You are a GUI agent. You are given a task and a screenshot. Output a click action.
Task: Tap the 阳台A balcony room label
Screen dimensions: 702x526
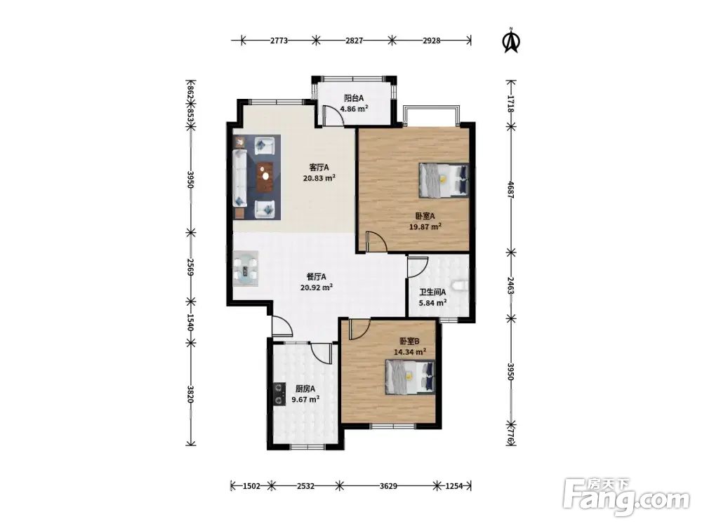tap(354, 98)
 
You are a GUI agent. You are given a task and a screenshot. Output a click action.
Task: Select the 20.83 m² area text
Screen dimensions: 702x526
tap(319, 177)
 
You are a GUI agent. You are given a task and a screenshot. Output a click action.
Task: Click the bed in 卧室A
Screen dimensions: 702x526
tap(444, 180)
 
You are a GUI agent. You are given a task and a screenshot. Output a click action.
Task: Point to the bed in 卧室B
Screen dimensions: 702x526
tap(411, 377)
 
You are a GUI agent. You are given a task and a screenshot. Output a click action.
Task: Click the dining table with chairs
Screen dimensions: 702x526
tap(245, 269)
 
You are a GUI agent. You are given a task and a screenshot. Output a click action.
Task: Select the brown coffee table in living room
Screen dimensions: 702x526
tap(265, 176)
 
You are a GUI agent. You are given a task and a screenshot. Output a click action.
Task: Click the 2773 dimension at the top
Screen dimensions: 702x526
tap(279, 41)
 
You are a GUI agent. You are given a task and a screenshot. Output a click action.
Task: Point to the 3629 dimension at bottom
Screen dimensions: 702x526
tap(388, 486)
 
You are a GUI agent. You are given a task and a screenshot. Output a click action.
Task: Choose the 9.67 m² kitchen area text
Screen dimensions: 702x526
tap(305, 400)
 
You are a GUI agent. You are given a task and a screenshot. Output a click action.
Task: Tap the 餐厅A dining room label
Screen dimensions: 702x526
tap(317, 277)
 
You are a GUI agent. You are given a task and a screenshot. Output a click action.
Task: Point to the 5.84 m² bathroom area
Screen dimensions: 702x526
tap(432, 303)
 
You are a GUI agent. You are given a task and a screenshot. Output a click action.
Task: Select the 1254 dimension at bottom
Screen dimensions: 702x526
tap(454, 486)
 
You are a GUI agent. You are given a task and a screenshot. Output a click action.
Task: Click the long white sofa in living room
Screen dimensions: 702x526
tap(239, 177)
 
